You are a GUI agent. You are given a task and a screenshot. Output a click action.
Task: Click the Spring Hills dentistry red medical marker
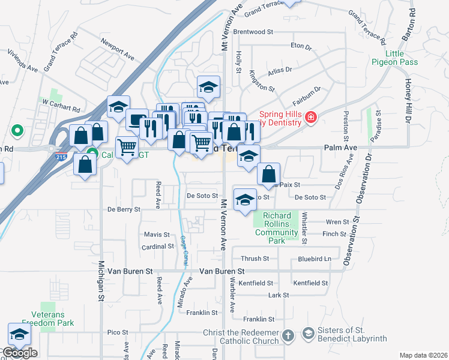[310, 117]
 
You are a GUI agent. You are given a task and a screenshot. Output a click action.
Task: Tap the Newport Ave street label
[118, 50]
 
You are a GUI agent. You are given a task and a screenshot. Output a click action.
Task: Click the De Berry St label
[124, 209]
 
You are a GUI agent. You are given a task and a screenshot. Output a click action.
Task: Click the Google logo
[19, 353]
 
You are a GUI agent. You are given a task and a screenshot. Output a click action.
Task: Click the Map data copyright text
[423, 355]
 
